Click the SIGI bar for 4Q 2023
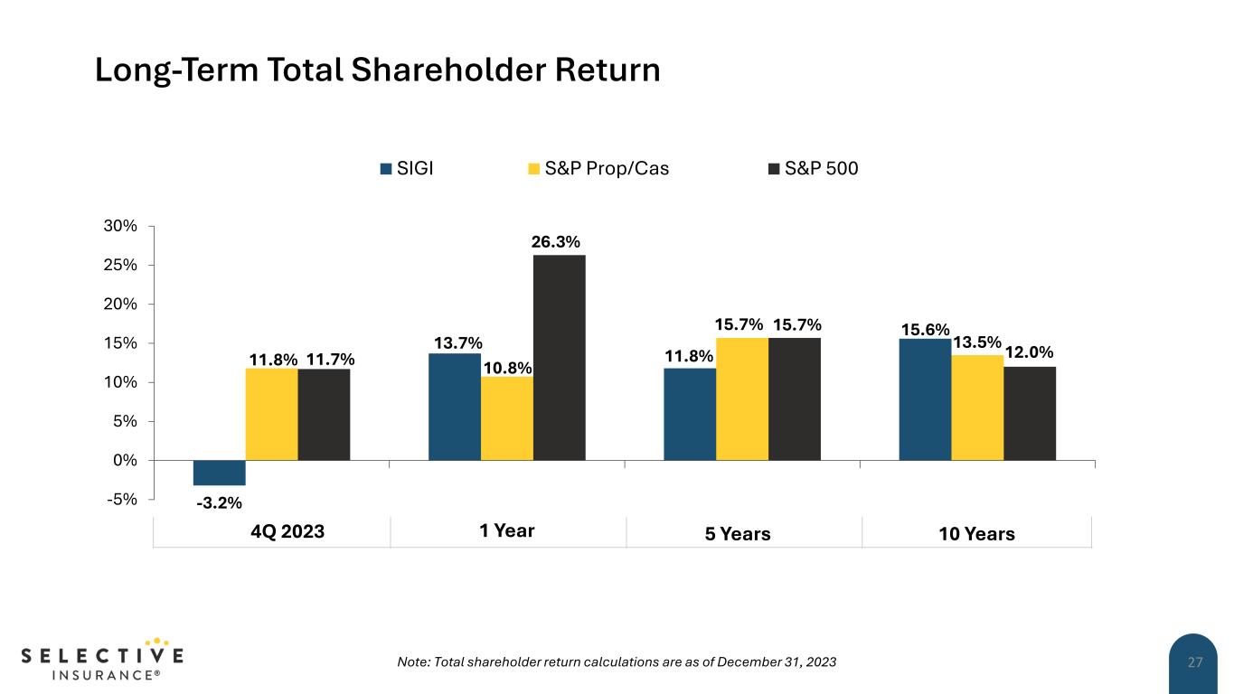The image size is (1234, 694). click(220, 473)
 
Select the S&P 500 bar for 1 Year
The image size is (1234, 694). click(560, 357)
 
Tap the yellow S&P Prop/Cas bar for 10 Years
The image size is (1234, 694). click(977, 408)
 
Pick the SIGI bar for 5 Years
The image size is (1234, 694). click(690, 414)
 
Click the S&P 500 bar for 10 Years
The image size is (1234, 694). click(1030, 413)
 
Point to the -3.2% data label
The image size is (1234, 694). click(219, 502)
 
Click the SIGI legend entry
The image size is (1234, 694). click(407, 168)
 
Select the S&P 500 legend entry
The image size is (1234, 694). click(813, 168)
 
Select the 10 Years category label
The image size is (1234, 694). click(977, 534)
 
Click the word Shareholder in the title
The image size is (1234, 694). click(438, 70)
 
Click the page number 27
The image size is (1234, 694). click(1195, 662)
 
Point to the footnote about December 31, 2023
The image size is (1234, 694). click(617, 662)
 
